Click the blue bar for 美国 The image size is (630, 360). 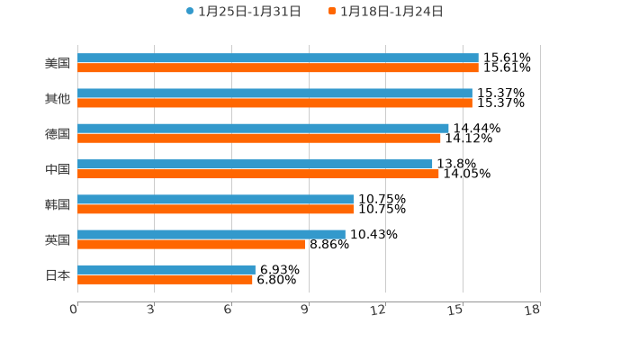pyautogui.click(x=277, y=58)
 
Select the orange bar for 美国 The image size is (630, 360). pyautogui.click(x=277, y=67)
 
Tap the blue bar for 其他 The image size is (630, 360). pyautogui.click(x=274, y=93)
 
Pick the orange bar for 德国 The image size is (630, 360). pyautogui.click(x=259, y=138)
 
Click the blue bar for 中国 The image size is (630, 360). pyautogui.click(x=255, y=164)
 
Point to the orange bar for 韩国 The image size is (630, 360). pyautogui.click(x=215, y=209)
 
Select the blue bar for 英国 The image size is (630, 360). pyautogui.click(x=211, y=234)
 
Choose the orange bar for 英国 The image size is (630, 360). pyautogui.click(x=192, y=244)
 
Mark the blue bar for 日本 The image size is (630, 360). pyautogui.click(x=166, y=269)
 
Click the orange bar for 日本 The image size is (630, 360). pyautogui.click(x=165, y=279)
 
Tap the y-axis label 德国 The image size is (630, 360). pyautogui.click(x=58, y=133)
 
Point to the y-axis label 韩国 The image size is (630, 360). pyautogui.click(x=58, y=204)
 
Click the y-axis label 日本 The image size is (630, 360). pyautogui.click(x=58, y=274)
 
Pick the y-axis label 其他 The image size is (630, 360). pyautogui.click(x=58, y=98)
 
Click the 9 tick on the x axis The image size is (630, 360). pyautogui.click(x=306, y=310)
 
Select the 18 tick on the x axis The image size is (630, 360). pyautogui.click(x=533, y=310)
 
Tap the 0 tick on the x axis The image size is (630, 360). pyautogui.click(x=74, y=310)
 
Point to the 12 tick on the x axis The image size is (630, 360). pyautogui.click(x=379, y=310)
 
